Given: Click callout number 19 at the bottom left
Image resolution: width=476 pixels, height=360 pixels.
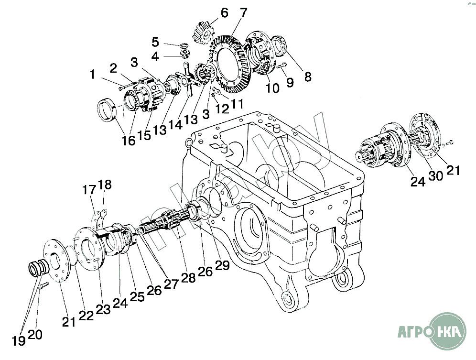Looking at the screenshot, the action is click(18, 341).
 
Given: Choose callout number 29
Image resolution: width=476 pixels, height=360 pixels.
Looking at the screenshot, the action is click(222, 265).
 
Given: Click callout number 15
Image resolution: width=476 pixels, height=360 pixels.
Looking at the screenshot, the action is click(144, 136).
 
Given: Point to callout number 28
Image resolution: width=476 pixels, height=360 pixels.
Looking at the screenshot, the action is click(188, 278).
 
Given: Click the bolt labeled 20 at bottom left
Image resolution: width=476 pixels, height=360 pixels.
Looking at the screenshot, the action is click(44, 286).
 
